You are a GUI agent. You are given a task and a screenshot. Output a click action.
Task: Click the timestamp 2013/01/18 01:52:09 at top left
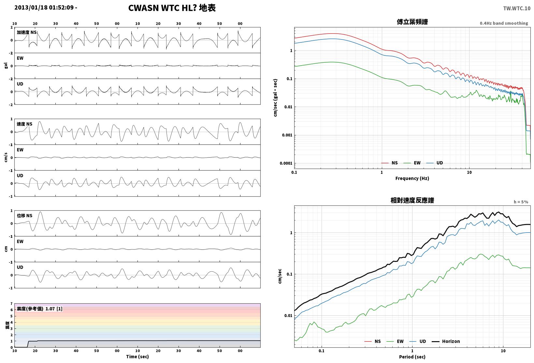click(x=44, y=8)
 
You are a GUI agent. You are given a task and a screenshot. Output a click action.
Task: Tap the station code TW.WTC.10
click(x=517, y=8)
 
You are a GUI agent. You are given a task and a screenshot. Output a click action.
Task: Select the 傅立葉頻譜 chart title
click(x=412, y=22)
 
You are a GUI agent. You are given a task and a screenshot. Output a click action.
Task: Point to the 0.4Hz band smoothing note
click(x=504, y=23)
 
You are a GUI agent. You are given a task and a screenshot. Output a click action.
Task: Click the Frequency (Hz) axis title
click(x=412, y=178)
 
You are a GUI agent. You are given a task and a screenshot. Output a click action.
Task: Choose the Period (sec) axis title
click(x=412, y=357)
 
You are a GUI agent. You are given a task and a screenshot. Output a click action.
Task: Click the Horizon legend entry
click(x=446, y=341)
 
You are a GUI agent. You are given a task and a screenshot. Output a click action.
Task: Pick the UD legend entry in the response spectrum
click(x=418, y=341)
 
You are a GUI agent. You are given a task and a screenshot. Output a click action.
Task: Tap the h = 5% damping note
click(x=521, y=202)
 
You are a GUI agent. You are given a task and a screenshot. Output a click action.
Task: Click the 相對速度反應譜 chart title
click(x=412, y=200)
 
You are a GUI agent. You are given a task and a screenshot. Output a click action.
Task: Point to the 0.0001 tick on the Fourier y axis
click(x=286, y=163)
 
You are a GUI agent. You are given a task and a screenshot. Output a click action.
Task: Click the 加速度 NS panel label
click(x=27, y=32)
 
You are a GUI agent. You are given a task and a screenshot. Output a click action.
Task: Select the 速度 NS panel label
click(x=24, y=124)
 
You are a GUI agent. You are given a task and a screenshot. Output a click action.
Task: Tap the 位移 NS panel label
click(x=24, y=216)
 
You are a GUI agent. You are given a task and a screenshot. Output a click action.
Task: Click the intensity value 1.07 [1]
click(x=54, y=309)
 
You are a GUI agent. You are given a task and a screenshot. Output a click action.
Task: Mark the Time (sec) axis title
click(x=137, y=356)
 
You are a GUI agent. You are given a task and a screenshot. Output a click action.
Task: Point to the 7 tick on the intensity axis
click(x=11, y=304)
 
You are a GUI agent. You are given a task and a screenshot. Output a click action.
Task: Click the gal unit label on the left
click(x=6, y=66)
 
